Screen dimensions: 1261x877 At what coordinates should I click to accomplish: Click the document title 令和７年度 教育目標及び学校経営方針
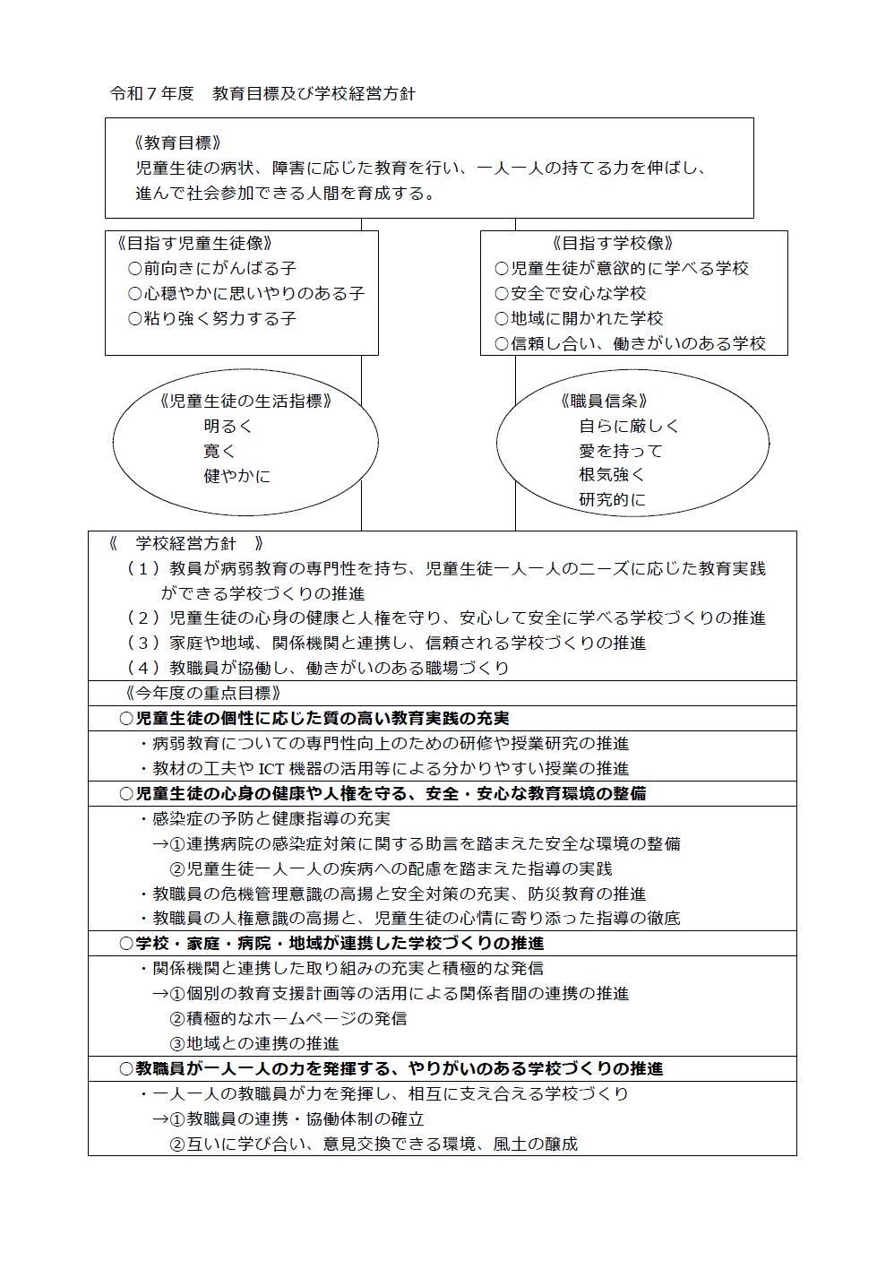click(262, 93)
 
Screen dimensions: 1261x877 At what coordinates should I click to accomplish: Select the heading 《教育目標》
click(176, 143)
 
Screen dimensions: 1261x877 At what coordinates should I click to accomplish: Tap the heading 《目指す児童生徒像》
click(194, 243)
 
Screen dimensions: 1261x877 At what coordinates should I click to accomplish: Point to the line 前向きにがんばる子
click(211, 268)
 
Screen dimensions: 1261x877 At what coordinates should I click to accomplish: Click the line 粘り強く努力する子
click(211, 318)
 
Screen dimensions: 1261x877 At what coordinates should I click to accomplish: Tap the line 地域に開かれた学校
click(578, 318)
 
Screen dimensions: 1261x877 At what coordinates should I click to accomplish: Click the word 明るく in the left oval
click(228, 426)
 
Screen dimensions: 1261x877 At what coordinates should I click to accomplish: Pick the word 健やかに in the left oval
click(236, 476)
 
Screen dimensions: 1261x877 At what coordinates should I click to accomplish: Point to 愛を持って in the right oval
click(621, 451)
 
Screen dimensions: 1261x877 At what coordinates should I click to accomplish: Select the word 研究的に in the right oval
click(612, 499)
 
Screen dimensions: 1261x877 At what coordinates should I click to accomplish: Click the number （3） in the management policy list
click(143, 643)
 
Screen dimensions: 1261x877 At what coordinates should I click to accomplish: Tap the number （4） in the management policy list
click(143, 668)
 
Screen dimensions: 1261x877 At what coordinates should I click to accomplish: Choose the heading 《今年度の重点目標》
click(203, 693)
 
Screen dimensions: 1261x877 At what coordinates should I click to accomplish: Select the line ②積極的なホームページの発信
click(288, 1018)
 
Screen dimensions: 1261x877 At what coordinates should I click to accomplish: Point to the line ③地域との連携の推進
click(254, 1043)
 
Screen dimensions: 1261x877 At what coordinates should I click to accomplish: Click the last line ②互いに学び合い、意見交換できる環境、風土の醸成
click(374, 1144)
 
